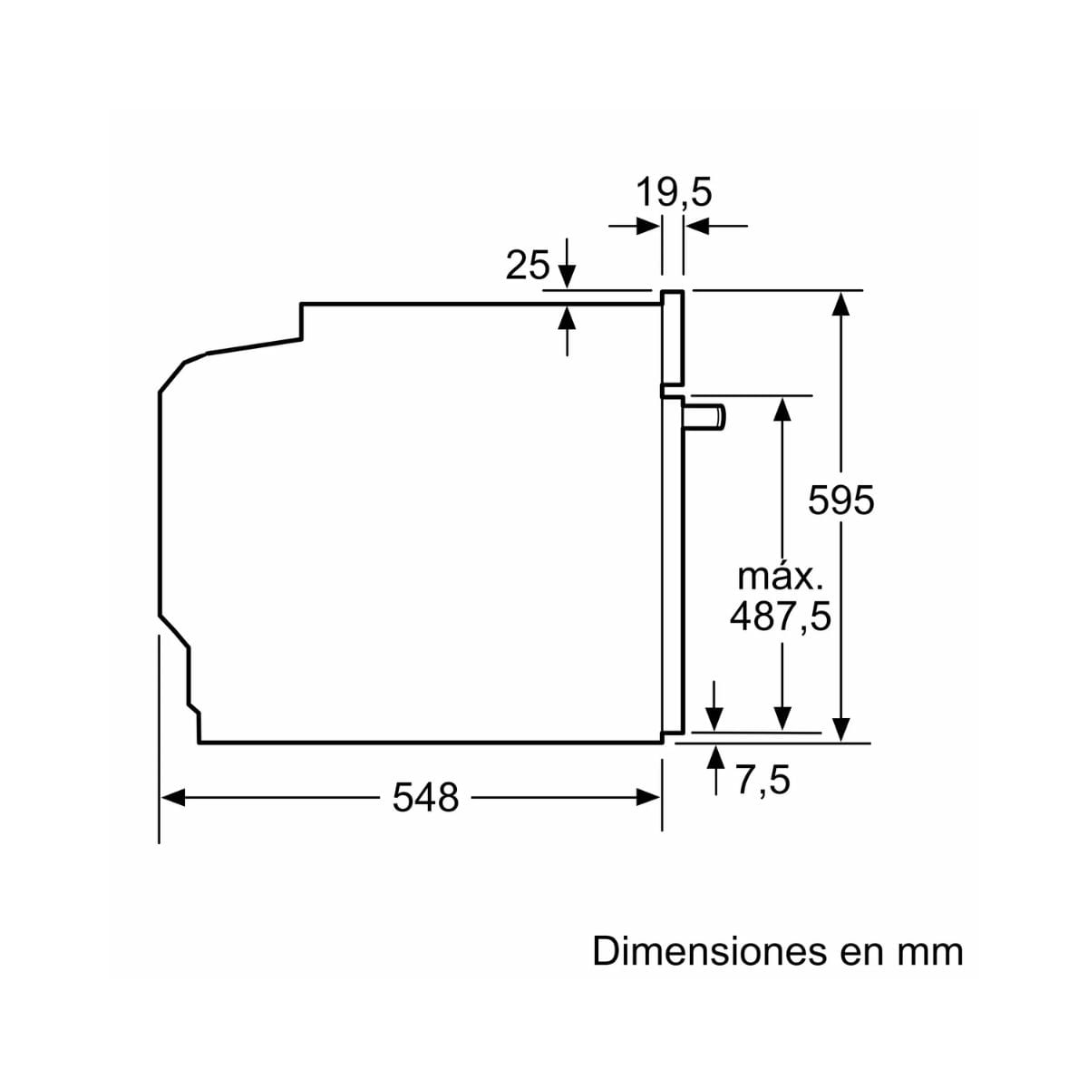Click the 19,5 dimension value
coord(673,192)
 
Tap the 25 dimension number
coord(527,266)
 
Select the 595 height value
coord(841,500)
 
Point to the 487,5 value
coord(781,617)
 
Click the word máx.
coord(781,577)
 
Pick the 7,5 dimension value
coord(763,781)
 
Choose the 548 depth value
coord(425,798)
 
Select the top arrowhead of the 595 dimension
coord(842,302)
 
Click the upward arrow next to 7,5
coord(717,758)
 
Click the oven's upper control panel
coord(672,340)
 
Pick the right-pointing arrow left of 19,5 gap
coord(647,225)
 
